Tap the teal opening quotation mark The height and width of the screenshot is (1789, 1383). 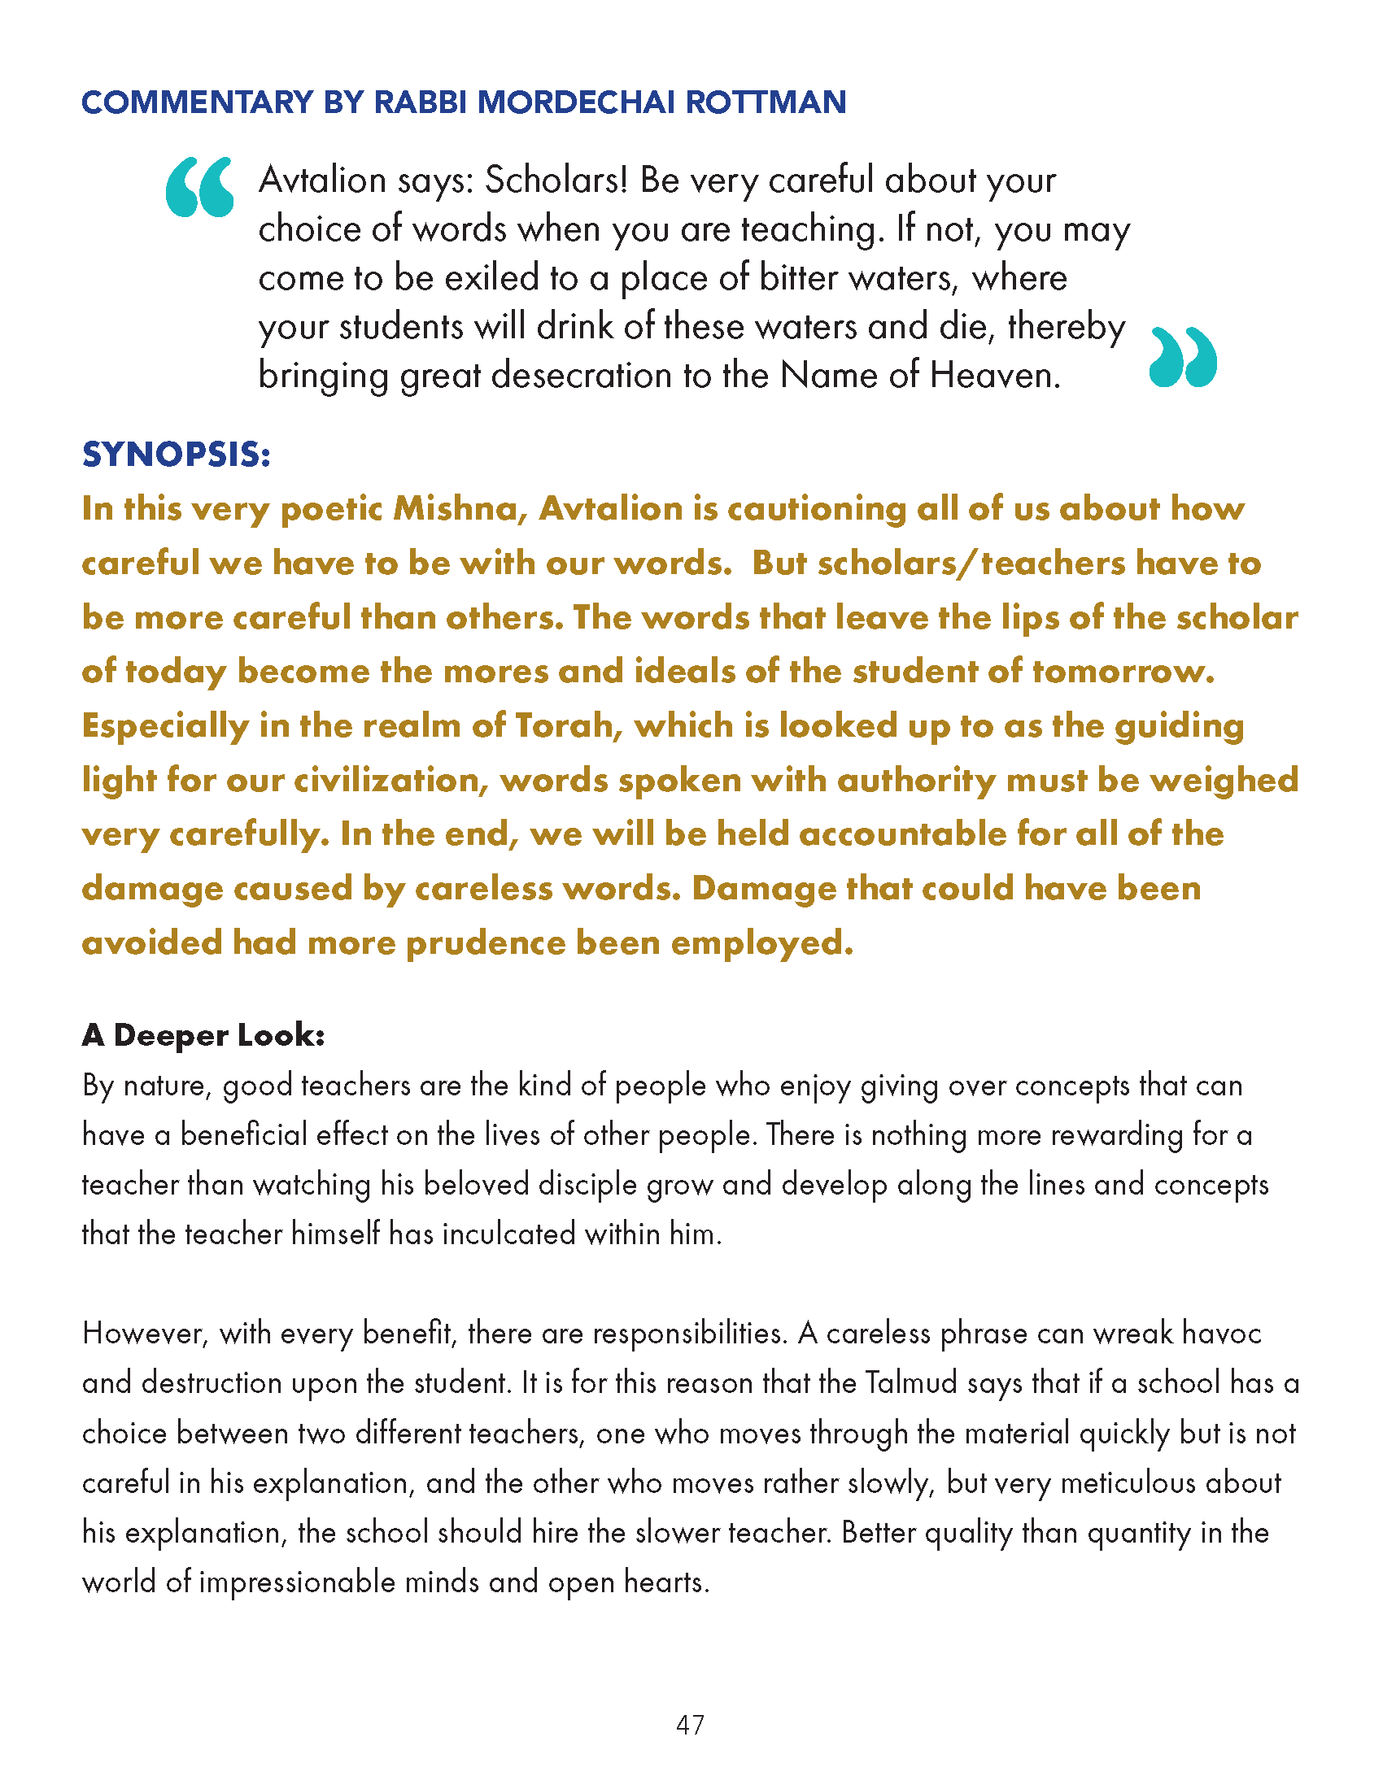click(199, 188)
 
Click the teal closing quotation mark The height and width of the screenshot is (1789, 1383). click(1183, 357)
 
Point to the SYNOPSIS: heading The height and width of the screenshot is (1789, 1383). click(177, 455)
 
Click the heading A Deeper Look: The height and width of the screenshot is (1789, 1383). click(203, 1035)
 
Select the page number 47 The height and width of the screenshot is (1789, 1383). click(690, 1725)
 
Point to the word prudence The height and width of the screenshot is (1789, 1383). click(485, 942)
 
